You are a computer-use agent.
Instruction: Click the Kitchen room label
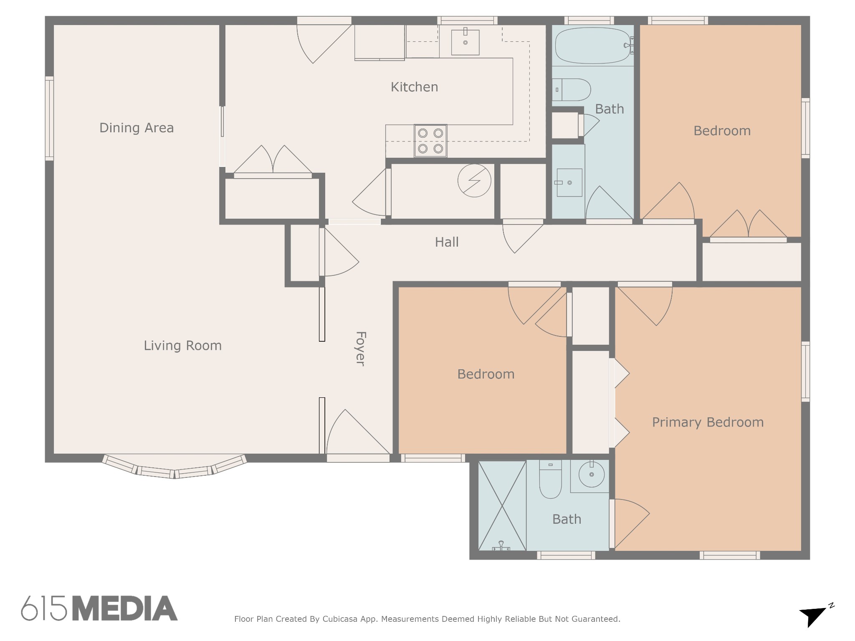pyautogui.click(x=414, y=87)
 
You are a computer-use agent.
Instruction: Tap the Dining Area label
pyautogui.click(x=137, y=128)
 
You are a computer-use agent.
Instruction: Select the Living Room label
pyautogui.click(x=182, y=346)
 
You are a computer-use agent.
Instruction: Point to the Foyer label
pyautogui.click(x=360, y=349)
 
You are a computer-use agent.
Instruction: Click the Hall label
pyautogui.click(x=447, y=242)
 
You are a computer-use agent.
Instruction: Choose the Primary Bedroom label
pyautogui.click(x=708, y=422)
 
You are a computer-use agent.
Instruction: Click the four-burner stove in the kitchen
pyautogui.click(x=430, y=141)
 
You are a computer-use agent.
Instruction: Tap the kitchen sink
pyautogui.click(x=465, y=41)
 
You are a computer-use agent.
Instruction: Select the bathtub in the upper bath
pyautogui.click(x=593, y=45)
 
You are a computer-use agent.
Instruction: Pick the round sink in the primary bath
pyautogui.click(x=591, y=474)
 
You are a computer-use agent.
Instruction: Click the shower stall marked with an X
pyautogui.click(x=502, y=506)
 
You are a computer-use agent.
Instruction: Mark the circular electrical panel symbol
pyautogui.click(x=474, y=180)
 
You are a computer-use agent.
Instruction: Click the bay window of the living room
pyautogui.click(x=175, y=466)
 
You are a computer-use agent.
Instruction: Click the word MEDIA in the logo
pyautogui.click(x=125, y=608)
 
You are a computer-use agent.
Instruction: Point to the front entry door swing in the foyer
pyautogui.click(x=358, y=432)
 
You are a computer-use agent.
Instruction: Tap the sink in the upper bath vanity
pyautogui.click(x=569, y=182)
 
